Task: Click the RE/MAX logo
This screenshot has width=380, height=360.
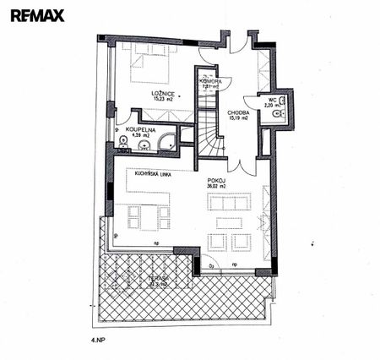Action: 30,14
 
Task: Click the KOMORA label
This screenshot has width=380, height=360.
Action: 210,80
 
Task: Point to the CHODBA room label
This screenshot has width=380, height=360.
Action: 237,111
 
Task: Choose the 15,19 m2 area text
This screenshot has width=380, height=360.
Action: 237,118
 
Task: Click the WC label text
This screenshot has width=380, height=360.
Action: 272,99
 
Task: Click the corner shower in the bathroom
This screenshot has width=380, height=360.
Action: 168,140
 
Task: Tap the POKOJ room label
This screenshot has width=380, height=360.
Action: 214,180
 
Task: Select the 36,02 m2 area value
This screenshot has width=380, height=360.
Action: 214,188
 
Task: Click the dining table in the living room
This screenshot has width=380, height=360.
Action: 146,216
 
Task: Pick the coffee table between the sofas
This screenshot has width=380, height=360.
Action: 229,222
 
